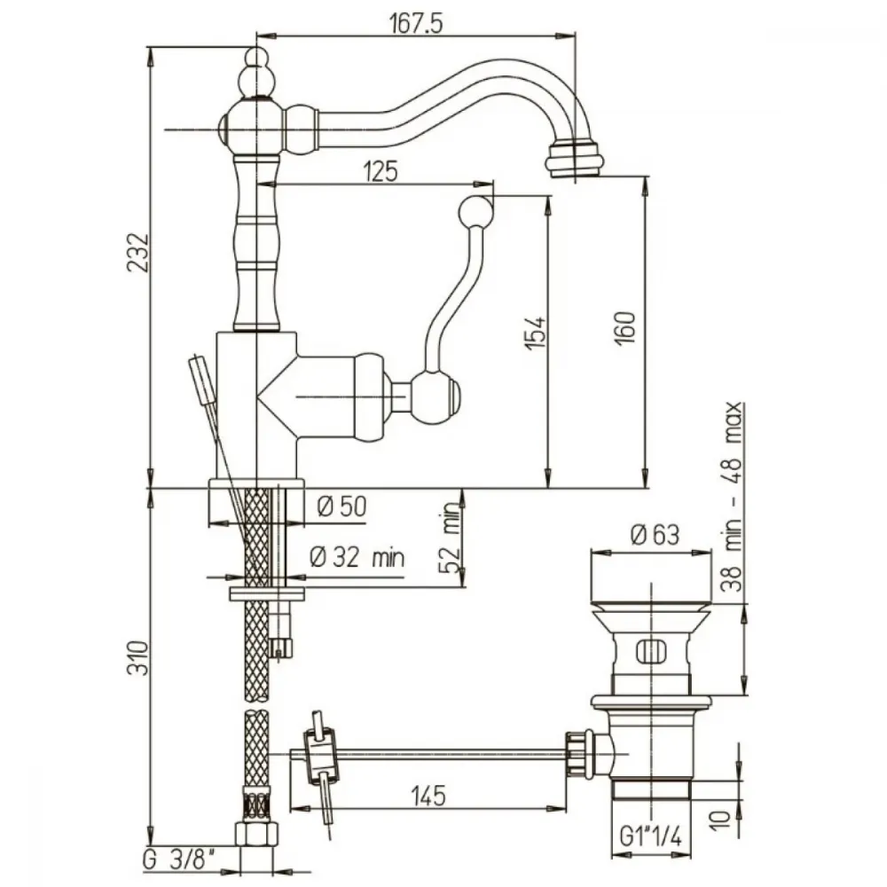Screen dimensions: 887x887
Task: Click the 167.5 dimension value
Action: [x=416, y=23]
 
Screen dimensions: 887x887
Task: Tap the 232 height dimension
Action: [x=138, y=252]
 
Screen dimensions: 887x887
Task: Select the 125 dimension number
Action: [x=381, y=171]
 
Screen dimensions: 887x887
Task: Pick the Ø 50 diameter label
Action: [x=341, y=506]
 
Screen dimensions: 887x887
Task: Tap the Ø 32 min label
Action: [x=357, y=558]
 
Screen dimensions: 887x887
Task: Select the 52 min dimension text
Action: [x=451, y=538]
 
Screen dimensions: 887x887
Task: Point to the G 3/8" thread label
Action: [x=179, y=860]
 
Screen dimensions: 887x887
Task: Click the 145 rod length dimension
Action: [x=428, y=796]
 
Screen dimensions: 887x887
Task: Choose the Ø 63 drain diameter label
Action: [x=655, y=535]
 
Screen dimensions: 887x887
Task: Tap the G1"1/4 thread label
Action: [x=650, y=836]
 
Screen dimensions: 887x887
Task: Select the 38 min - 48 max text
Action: [x=732, y=497]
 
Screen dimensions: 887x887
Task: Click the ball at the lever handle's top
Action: [x=475, y=212]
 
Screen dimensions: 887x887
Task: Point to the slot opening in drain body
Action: [x=651, y=651]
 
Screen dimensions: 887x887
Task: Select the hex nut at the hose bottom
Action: [x=257, y=833]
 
